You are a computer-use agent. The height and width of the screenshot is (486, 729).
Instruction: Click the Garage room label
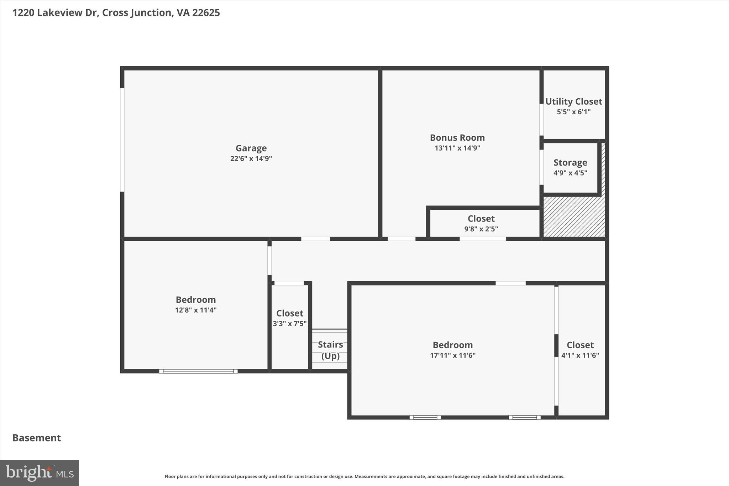(251, 148)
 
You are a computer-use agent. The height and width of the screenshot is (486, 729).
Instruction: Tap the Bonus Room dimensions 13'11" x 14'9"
(457, 148)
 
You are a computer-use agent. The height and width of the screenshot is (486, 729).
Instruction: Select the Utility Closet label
(573, 101)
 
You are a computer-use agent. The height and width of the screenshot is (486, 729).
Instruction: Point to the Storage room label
(570, 163)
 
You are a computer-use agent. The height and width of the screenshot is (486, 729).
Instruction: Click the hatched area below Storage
(573, 217)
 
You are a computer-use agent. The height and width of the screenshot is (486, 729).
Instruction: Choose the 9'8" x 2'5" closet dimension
(481, 229)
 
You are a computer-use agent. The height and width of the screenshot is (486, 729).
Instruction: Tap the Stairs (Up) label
(330, 350)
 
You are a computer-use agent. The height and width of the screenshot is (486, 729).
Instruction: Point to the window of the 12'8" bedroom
(198, 371)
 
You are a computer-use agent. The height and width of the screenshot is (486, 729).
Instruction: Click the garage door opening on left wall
(122, 140)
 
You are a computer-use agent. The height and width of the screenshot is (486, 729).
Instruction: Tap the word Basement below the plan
(37, 438)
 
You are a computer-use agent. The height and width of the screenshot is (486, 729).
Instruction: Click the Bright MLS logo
(40, 473)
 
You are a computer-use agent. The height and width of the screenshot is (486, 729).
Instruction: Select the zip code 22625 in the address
(206, 13)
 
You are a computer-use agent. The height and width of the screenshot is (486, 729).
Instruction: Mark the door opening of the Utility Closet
(541, 120)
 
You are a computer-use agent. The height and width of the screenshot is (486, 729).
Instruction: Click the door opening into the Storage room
(541, 167)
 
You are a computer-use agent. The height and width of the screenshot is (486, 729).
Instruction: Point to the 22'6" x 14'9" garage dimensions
(251, 159)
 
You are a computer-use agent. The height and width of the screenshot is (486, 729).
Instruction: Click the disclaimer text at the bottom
(364, 476)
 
